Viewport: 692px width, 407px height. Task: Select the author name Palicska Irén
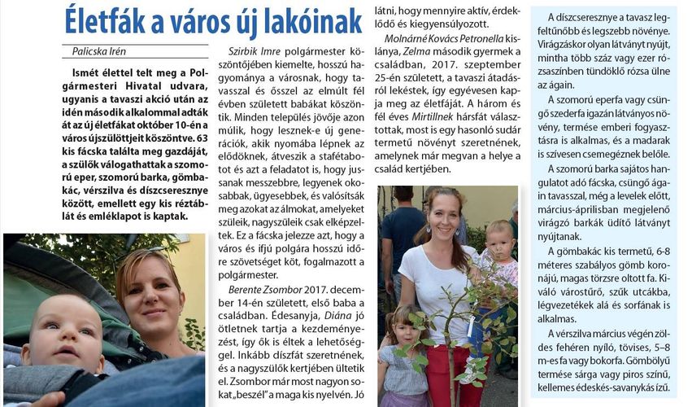click(x=100, y=51)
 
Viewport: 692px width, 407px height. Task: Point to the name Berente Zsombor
click(x=263, y=289)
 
